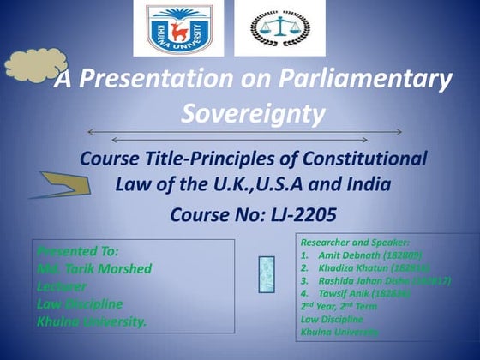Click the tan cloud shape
tap(31, 68)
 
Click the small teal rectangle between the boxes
tap(267, 274)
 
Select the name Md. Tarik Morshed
tap(94, 269)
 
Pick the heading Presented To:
tap(78, 251)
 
